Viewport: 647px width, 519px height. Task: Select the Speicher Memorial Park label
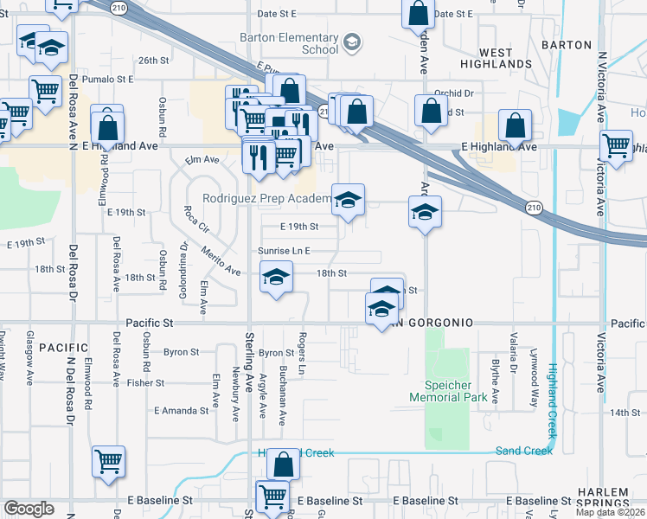click(445, 391)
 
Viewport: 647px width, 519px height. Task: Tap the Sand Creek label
click(523, 451)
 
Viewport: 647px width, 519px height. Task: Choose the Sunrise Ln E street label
click(284, 251)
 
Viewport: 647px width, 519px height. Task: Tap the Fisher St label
click(139, 382)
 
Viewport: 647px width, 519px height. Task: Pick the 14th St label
click(623, 413)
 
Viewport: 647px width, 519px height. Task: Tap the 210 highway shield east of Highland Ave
click(534, 207)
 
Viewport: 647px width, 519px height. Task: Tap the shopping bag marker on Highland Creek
click(283, 465)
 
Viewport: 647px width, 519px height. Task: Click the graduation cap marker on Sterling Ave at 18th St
click(276, 277)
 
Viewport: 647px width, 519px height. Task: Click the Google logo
click(29, 509)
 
